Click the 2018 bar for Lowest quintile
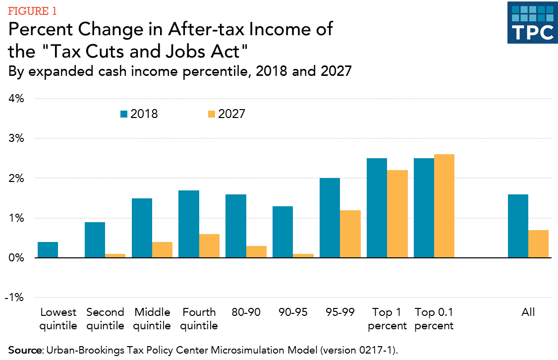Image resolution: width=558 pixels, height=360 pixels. [x=48, y=250]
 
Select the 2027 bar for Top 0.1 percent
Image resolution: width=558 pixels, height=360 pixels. [x=444, y=206]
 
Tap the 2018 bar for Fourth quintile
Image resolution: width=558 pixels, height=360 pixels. [x=189, y=224]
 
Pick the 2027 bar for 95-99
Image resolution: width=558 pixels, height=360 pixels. [x=350, y=234]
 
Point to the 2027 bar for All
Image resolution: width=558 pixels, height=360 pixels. [x=538, y=244]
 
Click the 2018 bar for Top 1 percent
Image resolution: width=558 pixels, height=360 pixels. [x=377, y=208]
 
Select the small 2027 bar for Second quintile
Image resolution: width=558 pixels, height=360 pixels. [x=115, y=256]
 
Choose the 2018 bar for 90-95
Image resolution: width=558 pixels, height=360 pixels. [x=283, y=232]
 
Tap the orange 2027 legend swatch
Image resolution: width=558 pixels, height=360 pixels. [x=211, y=114]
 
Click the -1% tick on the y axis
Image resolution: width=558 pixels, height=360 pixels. [x=14, y=298]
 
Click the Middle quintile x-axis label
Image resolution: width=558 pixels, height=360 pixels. [x=152, y=319]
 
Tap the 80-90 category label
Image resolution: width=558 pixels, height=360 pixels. [x=246, y=312]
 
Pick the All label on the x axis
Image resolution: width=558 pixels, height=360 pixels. [x=528, y=312]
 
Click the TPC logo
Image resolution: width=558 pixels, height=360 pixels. [x=533, y=23]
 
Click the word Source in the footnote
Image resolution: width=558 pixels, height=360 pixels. [x=24, y=350]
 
